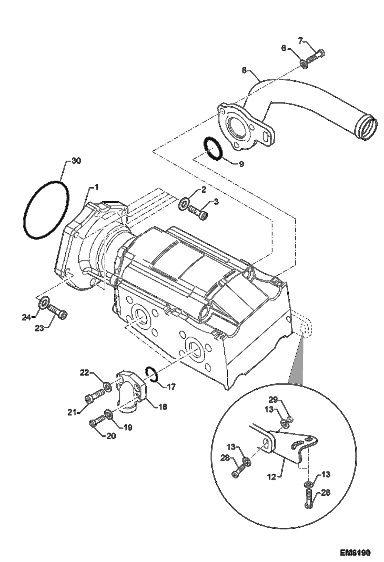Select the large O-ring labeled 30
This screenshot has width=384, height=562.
coord(46,210)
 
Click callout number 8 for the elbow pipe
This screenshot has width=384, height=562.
coord(244,70)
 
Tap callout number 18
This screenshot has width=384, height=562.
coord(163,407)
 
